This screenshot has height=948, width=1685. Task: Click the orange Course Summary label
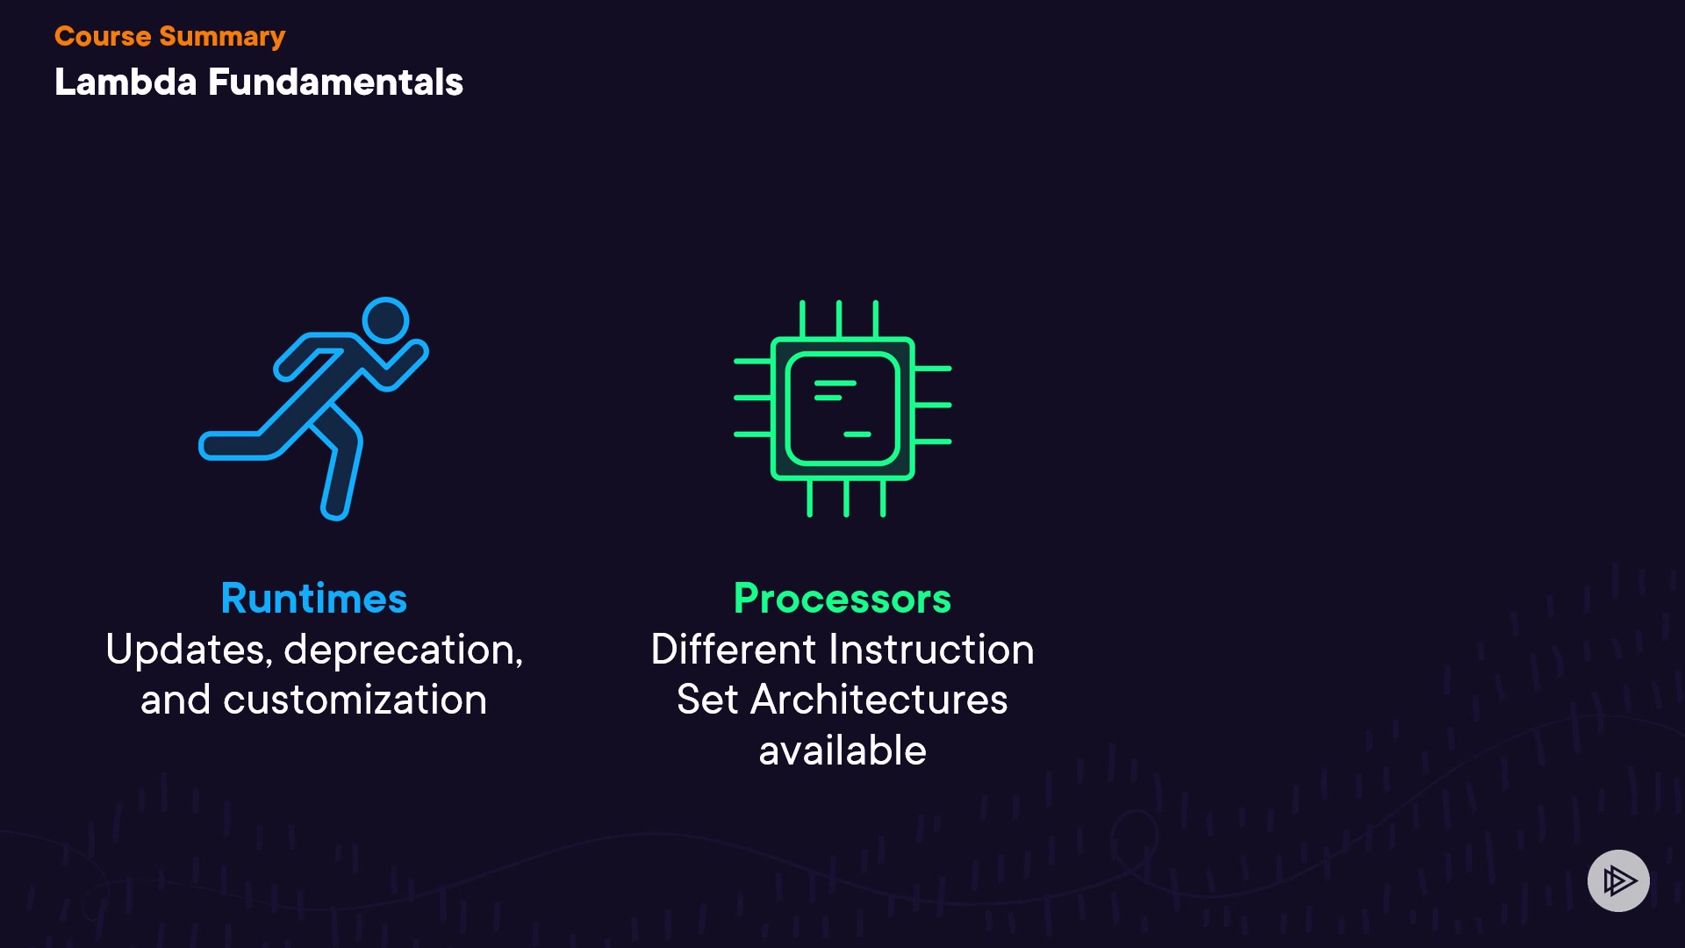click(169, 37)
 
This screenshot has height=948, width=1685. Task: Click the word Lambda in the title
click(125, 83)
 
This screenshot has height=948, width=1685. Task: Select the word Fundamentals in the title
click(335, 83)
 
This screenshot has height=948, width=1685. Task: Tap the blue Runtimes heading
click(314, 599)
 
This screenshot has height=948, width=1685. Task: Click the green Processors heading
click(842, 599)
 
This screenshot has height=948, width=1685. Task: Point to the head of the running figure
click(385, 320)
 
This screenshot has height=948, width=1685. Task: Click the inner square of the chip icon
click(842, 409)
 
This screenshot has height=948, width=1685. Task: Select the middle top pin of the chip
click(839, 319)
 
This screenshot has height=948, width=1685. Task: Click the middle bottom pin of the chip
click(846, 499)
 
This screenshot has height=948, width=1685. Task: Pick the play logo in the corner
click(1618, 880)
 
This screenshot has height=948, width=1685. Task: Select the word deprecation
click(403, 650)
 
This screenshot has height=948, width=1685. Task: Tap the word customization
click(355, 700)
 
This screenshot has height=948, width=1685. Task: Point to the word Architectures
click(879, 700)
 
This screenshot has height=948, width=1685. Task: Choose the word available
click(842, 751)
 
